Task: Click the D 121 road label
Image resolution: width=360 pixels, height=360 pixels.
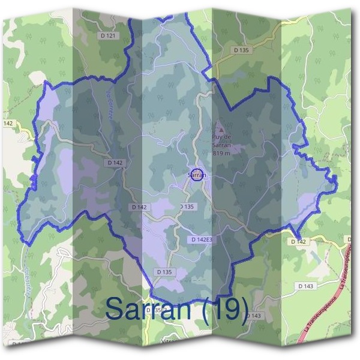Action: pos(108,36)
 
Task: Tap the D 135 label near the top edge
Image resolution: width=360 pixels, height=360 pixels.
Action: pos(241,50)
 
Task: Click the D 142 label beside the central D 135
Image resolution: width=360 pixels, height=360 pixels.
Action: pos(139,207)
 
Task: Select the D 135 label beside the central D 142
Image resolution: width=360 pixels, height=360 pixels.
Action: pos(187,207)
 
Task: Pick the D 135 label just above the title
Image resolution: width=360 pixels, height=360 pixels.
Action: pos(164,272)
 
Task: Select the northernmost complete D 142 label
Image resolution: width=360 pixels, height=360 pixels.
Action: pos(115,163)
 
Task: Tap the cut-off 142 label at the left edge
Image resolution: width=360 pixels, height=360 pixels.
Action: pos(8,123)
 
